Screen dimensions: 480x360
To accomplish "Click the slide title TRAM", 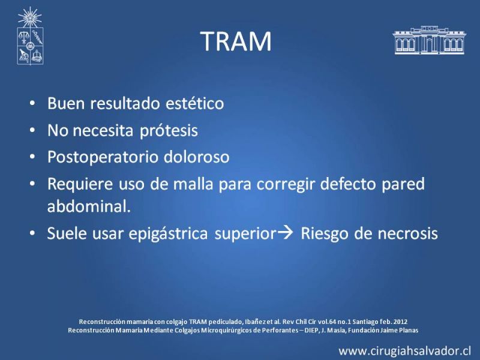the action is tap(236, 41).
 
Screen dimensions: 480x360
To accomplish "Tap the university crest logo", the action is tap(30, 36).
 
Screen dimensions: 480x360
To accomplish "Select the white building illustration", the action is tap(430, 40).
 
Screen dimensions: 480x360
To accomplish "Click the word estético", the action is tap(194, 103).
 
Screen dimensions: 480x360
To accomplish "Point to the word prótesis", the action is tap(169, 131).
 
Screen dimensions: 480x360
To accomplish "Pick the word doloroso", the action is tap(197, 157).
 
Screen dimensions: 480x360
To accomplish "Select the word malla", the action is tap(193, 184).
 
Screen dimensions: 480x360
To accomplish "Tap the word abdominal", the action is tap(89, 206).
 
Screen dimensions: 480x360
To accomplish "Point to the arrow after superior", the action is tap(286, 233).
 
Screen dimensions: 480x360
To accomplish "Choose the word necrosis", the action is tap(408, 233).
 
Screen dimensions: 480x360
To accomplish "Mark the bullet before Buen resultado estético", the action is tap(32, 103).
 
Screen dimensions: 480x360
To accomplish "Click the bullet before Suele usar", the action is tap(32, 233).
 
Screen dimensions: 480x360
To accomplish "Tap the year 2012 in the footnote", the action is tap(400, 322).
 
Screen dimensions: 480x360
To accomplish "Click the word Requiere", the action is tap(80, 184).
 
